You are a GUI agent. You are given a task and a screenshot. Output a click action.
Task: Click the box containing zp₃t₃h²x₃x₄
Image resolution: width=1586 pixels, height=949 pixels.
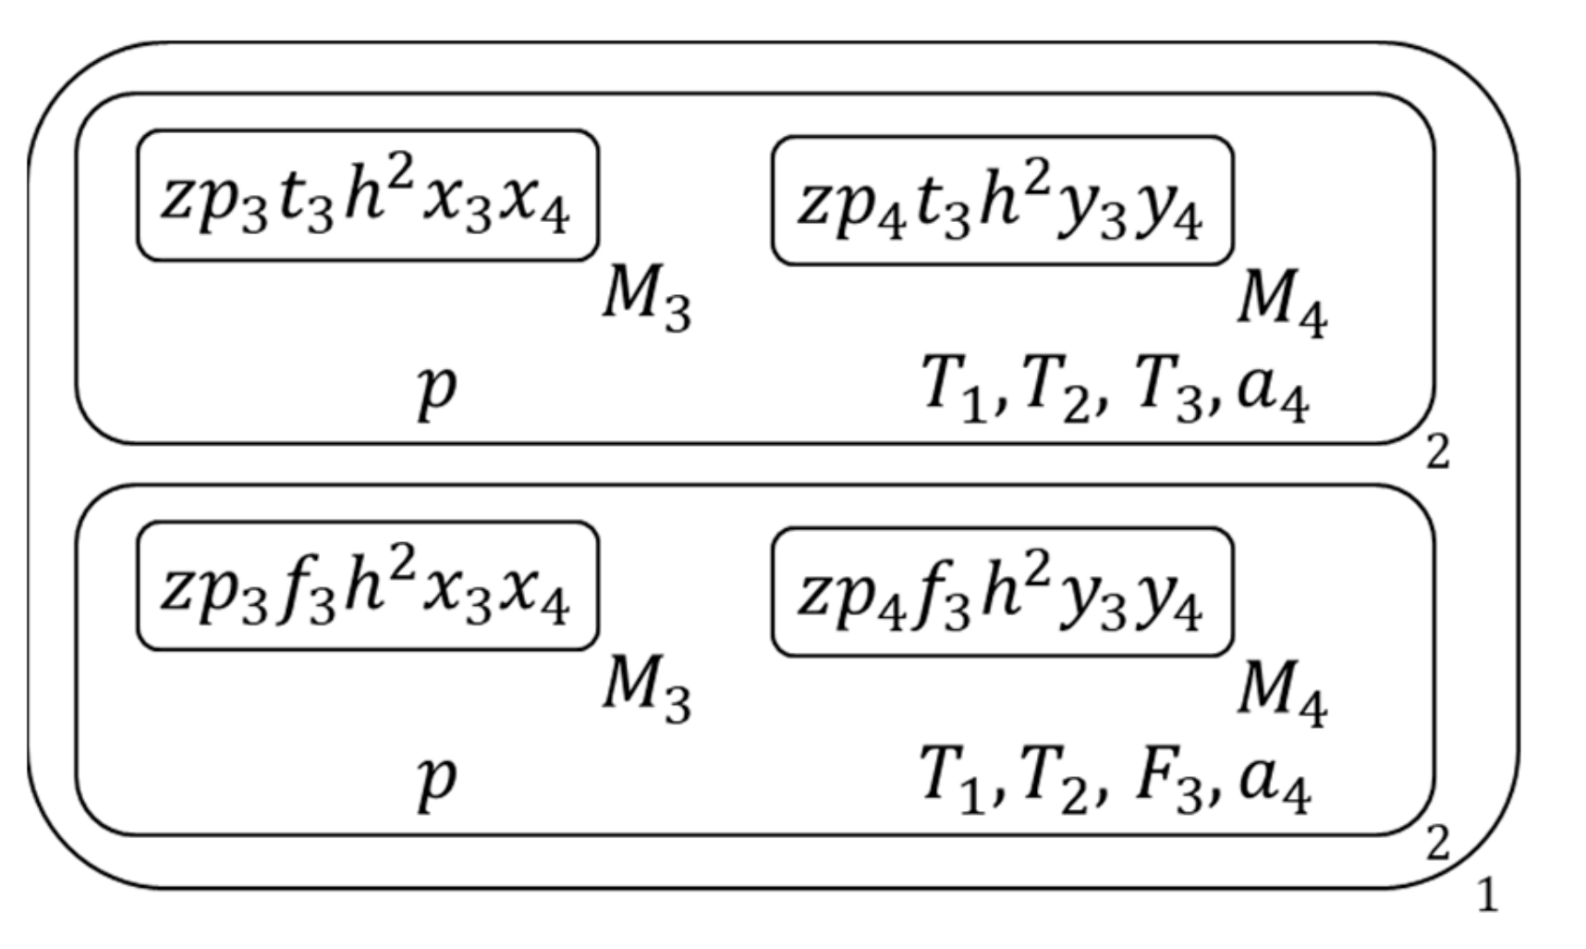367,196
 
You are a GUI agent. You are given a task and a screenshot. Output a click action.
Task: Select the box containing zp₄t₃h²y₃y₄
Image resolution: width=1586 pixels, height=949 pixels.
1002,202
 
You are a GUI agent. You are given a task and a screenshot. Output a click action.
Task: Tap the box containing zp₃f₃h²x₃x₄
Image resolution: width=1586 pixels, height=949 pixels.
367,587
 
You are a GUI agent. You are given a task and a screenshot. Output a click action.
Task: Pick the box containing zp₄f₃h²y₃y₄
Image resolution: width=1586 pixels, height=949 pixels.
1002,593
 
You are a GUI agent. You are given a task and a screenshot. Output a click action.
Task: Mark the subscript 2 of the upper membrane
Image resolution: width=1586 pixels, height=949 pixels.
1437,452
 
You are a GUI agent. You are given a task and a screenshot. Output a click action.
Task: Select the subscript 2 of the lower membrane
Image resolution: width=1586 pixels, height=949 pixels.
1437,844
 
